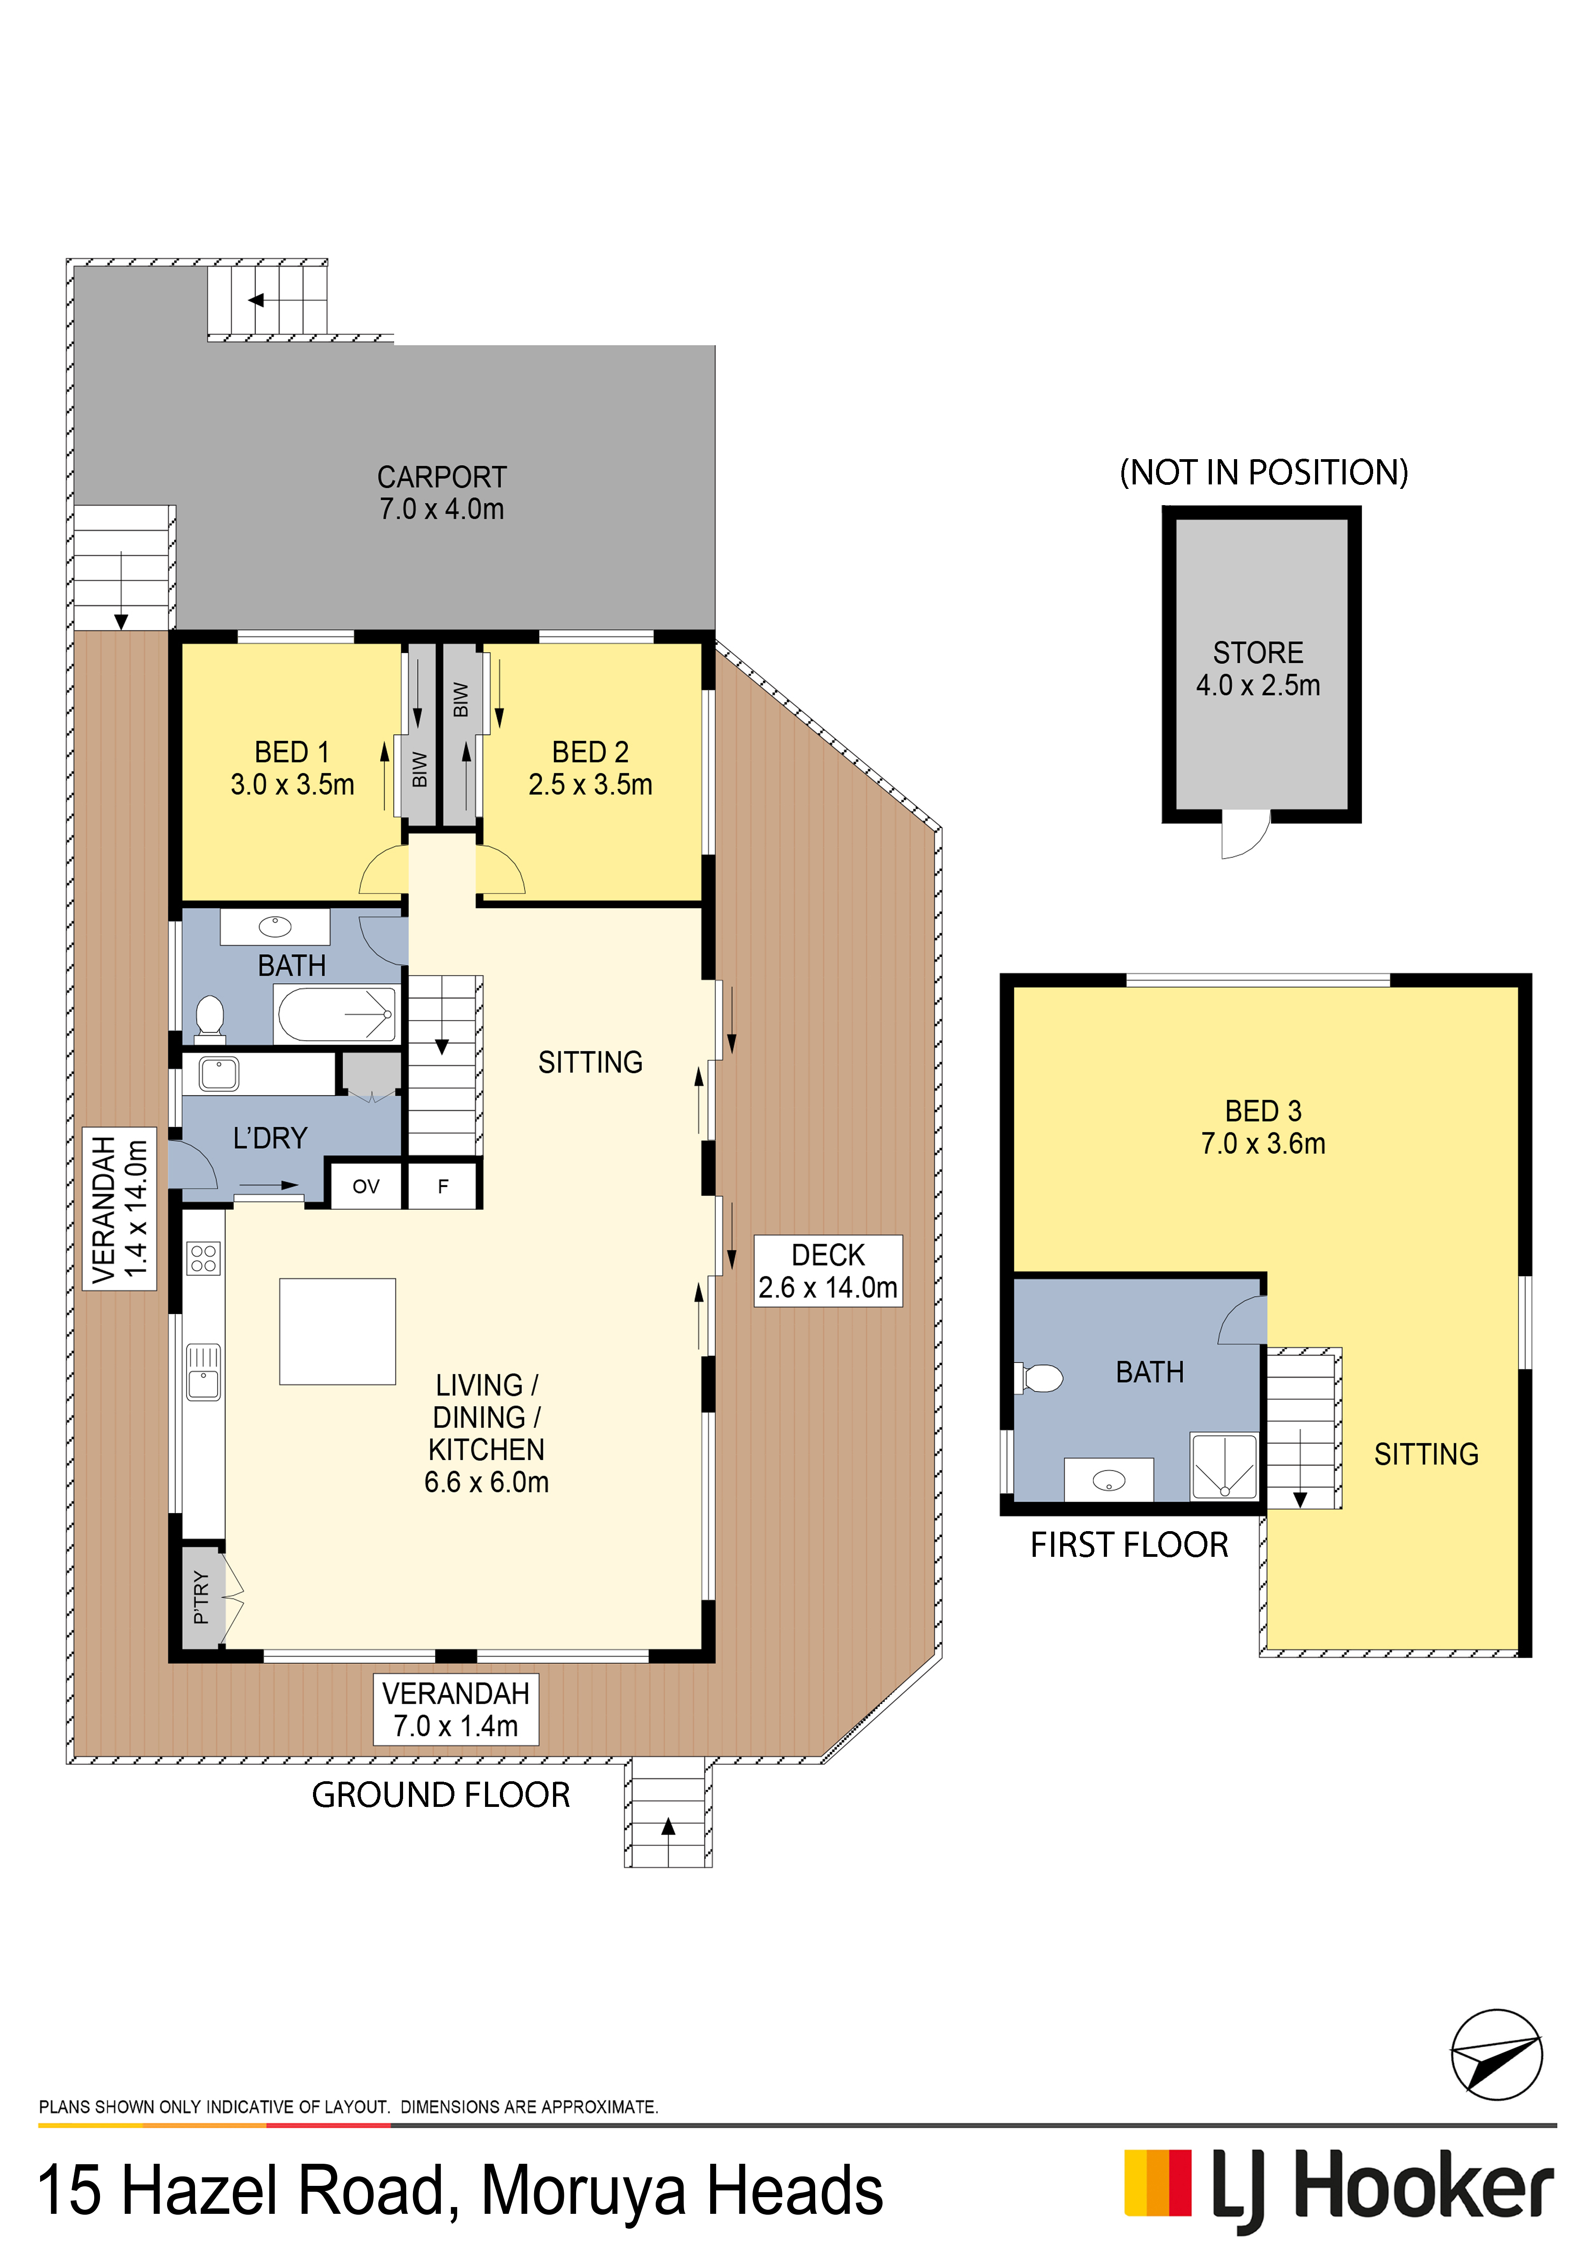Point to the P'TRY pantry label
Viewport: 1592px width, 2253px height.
pos(201,1596)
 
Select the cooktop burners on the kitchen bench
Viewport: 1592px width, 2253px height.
pos(204,1258)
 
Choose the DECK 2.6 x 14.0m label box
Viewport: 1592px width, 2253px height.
pos(828,1271)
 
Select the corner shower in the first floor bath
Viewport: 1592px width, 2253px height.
pos(1223,1466)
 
